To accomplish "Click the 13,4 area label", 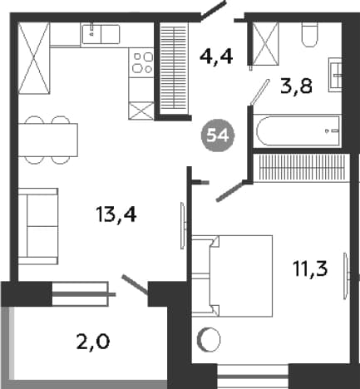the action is (x=116, y=215).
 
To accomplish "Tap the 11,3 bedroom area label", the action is (x=310, y=268).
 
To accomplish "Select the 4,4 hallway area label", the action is (x=216, y=57).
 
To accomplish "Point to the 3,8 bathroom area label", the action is (x=296, y=86).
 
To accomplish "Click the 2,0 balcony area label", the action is (x=93, y=342).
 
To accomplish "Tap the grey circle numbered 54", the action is (x=218, y=136).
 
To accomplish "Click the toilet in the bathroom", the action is (x=309, y=34).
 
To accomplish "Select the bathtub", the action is (x=298, y=130).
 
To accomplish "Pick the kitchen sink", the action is (x=101, y=34).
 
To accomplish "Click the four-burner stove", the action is (x=141, y=63).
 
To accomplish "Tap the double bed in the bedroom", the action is (x=232, y=276).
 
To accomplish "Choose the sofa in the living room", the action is (x=38, y=226).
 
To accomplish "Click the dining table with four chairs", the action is (x=47, y=140).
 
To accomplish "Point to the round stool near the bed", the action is (x=209, y=340).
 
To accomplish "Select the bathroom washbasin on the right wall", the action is (x=335, y=75).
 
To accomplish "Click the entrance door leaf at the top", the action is (x=214, y=10).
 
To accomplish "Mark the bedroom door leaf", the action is (x=230, y=191).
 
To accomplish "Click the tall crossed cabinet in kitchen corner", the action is (x=33, y=58).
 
